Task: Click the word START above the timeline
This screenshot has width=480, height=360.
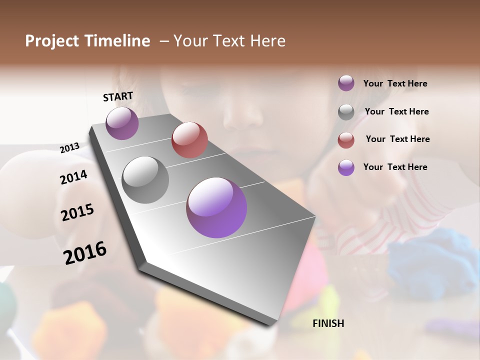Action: point(118,96)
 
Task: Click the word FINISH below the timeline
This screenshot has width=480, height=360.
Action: point(328,323)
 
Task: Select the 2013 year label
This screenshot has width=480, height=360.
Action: point(69,147)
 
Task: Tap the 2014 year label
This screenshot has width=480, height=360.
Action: point(73,177)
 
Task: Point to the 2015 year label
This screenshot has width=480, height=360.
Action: point(77,212)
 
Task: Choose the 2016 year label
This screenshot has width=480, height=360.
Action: point(85,252)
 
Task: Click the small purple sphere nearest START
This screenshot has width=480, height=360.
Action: point(122,123)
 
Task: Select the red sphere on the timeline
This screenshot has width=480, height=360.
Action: point(189,139)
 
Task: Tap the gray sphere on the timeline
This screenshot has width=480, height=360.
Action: point(145,179)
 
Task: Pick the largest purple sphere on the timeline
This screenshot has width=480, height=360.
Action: point(216,207)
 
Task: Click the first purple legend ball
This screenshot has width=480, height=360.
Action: point(346,83)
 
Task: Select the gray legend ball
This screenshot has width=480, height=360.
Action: point(346,111)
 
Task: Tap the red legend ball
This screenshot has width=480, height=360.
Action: point(346,139)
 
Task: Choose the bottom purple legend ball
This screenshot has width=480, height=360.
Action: point(346,167)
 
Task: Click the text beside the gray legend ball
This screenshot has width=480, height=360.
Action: point(396,111)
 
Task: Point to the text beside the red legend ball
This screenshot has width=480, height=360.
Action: point(397,139)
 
